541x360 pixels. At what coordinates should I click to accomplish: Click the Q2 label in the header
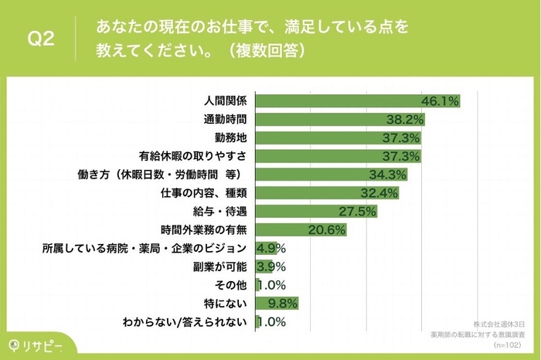[40, 39]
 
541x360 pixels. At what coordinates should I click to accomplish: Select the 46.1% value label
[441, 101]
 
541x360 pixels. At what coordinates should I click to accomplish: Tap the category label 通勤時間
[225, 120]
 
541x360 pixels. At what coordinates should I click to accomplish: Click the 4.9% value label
[271, 248]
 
